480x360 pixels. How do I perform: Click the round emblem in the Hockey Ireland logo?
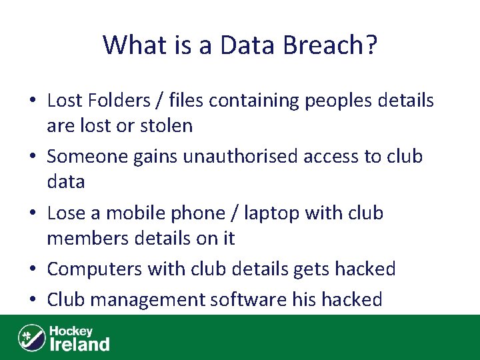click(31, 337)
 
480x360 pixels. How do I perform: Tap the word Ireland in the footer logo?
click(79, 344)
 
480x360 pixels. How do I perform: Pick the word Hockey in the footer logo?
click(71, 331)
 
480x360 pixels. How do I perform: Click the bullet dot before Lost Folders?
click(32, 101)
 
